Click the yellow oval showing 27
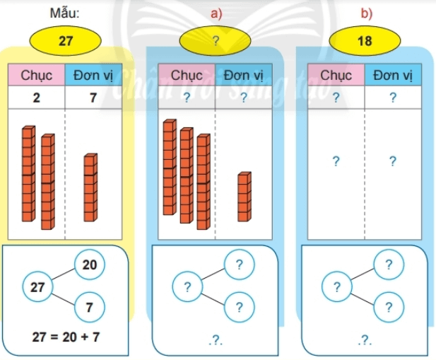pyautogui.click(x=66, y=41)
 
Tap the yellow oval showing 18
pyautogui.click(x=365, y=41)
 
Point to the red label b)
pyautogui.click(x=365, y=12)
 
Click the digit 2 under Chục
pyautogui.click(x=37, y=98)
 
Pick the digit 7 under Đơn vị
pyautogui.click(x=93, y=98)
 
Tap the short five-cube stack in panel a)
pyautogui.click(x=243, y=197)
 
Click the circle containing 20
pyautogui.click(x=90, y=265)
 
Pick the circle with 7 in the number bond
pyautogui.click(x=90, y=307)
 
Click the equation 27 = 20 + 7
pyautogui.click(x=66, y=337)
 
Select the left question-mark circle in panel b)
pyautogui.click(x=336, y=287)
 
